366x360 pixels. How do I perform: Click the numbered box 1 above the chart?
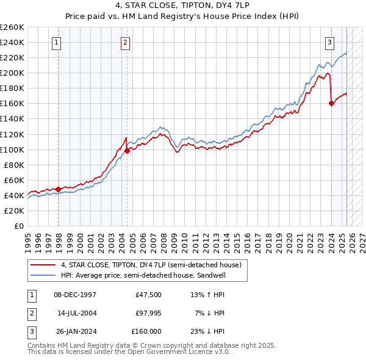56,42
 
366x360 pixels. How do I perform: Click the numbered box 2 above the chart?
124,42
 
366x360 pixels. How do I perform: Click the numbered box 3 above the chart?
329,42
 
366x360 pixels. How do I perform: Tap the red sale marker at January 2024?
331,103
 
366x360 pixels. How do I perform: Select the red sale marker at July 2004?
127,151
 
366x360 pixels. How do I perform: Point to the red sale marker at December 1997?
59,189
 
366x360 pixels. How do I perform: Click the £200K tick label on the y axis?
12,73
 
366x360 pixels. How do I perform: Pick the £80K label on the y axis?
14,165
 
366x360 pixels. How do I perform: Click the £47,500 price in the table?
148,294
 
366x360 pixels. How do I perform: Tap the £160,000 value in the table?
146,331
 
